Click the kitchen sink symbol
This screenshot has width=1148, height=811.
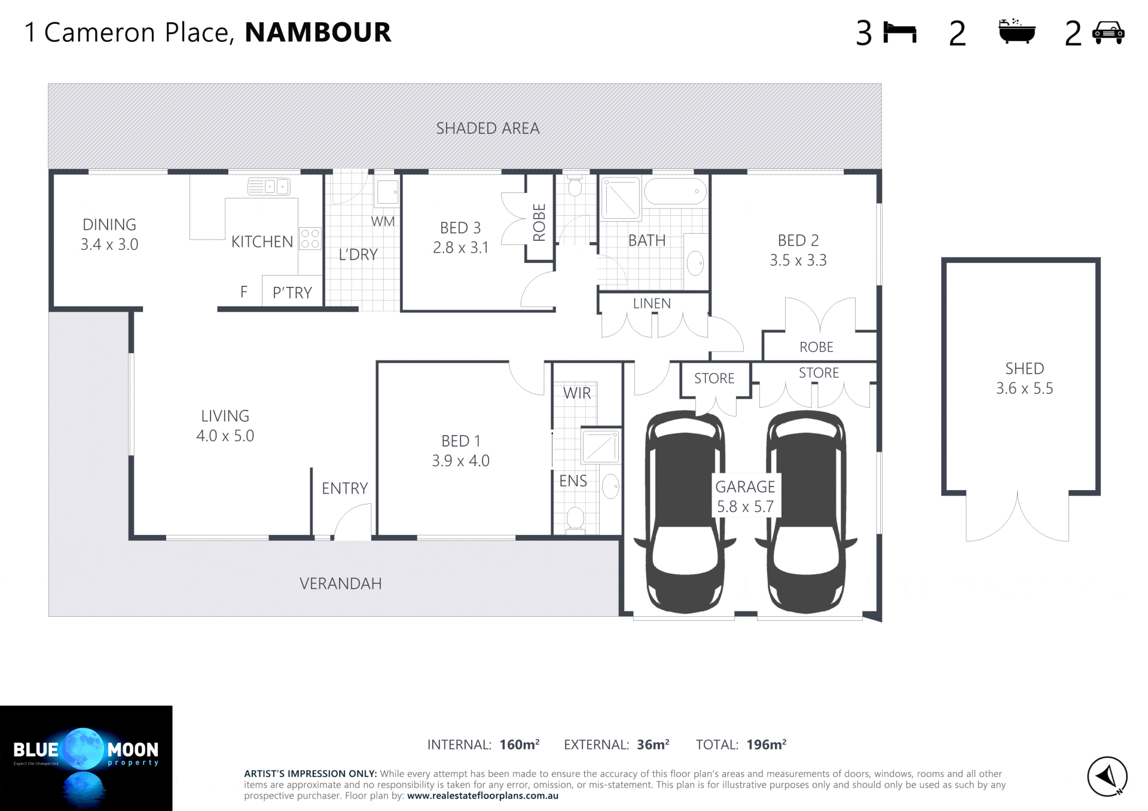(269, 186)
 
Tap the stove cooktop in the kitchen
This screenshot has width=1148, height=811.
(310, 238)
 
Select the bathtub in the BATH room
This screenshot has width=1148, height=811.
(675, 191)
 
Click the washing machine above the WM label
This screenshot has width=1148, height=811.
(387, 192)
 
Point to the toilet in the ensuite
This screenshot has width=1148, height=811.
(575, 519)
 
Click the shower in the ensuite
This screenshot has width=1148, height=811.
(601, 446)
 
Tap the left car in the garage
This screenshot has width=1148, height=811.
(685, 512)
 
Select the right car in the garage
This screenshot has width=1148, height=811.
(806, 512)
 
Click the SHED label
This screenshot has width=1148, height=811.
(1024, 368)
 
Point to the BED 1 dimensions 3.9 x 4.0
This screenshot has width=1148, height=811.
(460, 461)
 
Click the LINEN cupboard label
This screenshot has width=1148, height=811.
(652, 304)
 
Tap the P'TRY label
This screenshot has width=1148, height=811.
(292, 293)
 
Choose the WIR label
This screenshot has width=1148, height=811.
(577, 393)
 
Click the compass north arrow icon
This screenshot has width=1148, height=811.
(1107, 776)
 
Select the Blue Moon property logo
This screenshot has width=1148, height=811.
(86, 758)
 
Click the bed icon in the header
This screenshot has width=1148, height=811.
(900, 33)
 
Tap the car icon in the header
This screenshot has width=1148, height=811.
(1109, 33)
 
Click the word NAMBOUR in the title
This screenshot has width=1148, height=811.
(318, 32)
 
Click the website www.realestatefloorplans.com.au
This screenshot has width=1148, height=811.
(483, 796)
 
